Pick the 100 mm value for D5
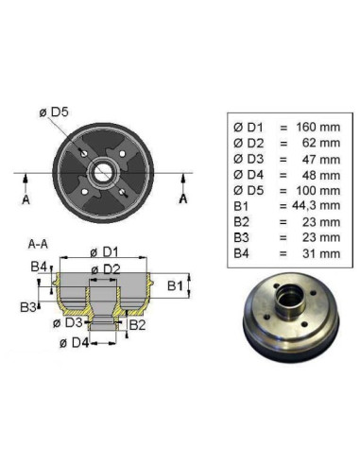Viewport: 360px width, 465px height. (x=315, y=188)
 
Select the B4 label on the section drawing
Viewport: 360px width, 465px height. (x=38, y=267)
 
